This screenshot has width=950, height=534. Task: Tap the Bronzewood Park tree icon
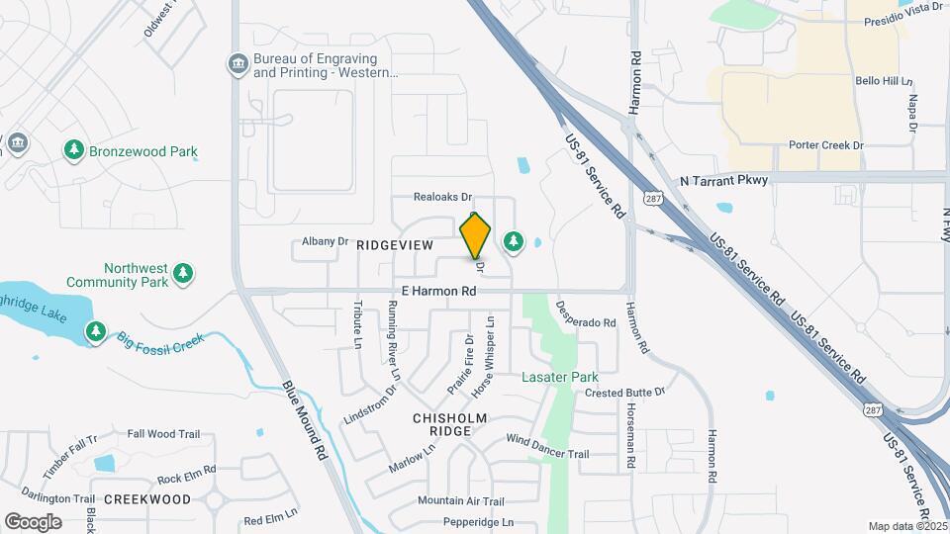pos(73,150)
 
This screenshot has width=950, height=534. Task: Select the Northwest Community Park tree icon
pos(182,274)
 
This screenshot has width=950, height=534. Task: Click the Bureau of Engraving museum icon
pos(237,65)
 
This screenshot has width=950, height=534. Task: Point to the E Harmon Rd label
pos(438,292)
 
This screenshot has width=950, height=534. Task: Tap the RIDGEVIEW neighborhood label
pos(394,243)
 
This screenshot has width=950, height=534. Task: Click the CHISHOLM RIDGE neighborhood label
pos(450,425)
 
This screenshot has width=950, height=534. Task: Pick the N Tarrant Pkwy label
pos(723,180)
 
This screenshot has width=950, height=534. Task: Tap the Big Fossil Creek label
pos(161,341)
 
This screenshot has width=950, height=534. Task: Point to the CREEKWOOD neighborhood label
pos(147,499)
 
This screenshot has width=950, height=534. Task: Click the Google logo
pos(33,521)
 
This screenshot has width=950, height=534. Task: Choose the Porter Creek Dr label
pos(826,145)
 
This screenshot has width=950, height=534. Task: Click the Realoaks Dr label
pos(442,197)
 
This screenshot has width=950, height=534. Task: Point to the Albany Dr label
pos(326,240)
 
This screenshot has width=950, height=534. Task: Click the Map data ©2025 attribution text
pos(908,526)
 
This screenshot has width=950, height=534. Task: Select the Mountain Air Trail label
pos(461,501)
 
